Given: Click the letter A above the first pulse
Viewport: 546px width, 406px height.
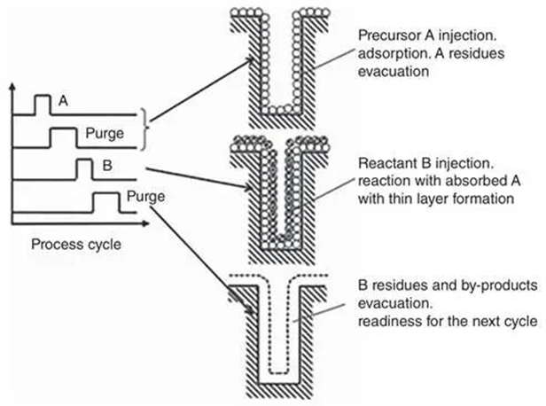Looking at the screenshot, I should [x=63, y=101].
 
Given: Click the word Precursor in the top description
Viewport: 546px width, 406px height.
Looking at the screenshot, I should [x=388, y=36].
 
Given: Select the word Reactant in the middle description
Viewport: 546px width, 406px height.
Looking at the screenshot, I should [x=387, y=165].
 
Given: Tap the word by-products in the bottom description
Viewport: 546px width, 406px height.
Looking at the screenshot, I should [x=494, y=285].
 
